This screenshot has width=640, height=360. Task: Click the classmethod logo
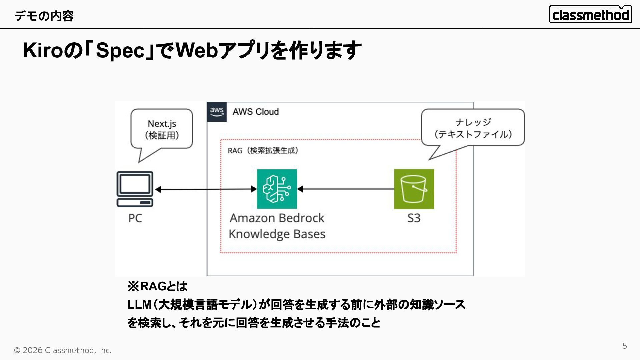pos(590,14)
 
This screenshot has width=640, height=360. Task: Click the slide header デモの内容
pos(44,16)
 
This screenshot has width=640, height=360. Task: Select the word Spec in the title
pos(120,50)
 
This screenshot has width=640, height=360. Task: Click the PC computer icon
pos(135,189)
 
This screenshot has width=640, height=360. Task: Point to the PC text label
pos(135,218)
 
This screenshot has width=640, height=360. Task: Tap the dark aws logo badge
pos(217,112)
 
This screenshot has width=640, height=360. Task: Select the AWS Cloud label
pos(256,112)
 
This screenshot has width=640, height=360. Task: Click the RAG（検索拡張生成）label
pos(263,150)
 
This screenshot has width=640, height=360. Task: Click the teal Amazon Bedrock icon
pos(277,189)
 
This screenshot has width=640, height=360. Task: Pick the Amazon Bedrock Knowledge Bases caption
pos(277,226)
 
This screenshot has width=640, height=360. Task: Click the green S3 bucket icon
pos(414,189)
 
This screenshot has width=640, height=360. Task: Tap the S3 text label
pos(414,218)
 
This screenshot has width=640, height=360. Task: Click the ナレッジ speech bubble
pos(473,128)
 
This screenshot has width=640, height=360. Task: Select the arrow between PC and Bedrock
pos(206,189)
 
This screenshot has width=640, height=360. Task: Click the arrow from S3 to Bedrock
pos(346,189)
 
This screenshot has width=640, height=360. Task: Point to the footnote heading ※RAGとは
pos(157,286)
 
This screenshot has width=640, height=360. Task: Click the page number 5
pos(625,346)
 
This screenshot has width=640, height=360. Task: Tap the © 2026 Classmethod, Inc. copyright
pos(63,350)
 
